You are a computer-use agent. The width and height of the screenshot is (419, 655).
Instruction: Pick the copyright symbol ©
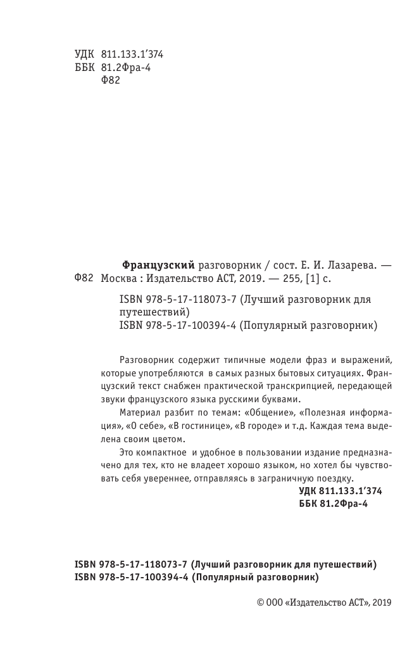261,604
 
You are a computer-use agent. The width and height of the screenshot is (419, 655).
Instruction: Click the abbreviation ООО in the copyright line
276,604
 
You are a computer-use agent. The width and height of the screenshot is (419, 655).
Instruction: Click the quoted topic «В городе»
256,425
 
